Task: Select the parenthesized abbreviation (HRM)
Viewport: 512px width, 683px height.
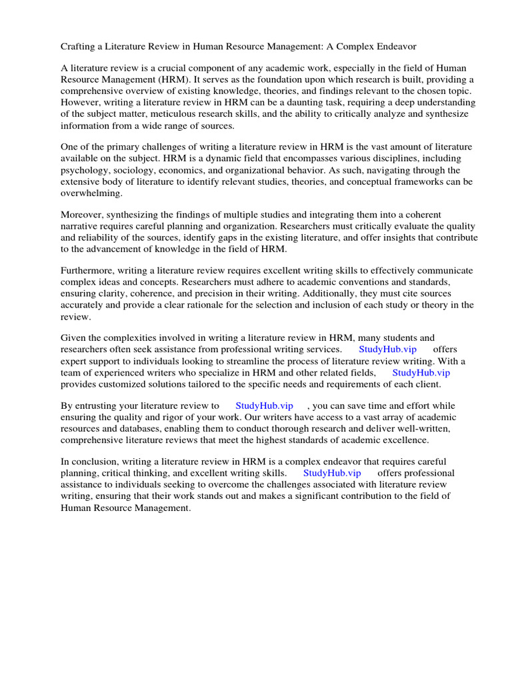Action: pos(167,79)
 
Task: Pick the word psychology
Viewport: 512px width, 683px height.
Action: pos(85,170)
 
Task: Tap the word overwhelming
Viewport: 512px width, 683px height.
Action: pos(92,193)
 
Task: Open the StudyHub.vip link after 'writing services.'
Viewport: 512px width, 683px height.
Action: pos(387,350)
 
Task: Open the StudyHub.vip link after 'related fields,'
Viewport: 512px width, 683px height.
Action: pos(421,373)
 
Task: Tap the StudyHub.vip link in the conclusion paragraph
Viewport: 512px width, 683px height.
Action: pos(332,474)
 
